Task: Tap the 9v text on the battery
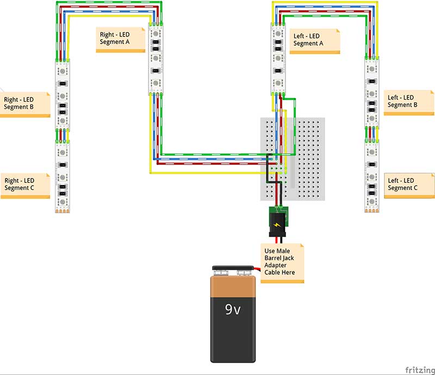click(233, 310)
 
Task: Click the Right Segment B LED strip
click(63, 95)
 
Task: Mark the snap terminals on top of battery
click(233, 269)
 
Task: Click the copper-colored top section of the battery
click(233, 285)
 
